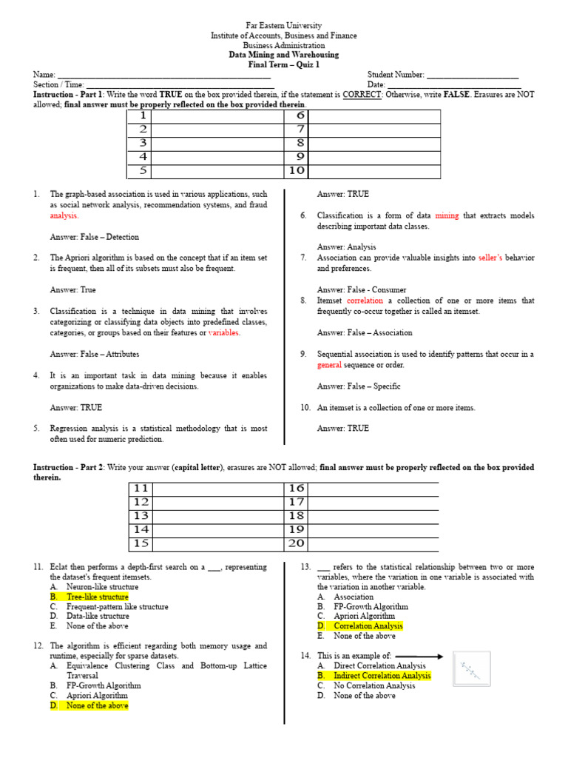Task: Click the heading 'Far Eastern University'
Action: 284,26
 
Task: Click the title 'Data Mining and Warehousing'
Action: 284,55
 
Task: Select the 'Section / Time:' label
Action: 58,85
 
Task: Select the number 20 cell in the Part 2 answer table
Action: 297,543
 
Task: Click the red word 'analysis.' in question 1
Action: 64,215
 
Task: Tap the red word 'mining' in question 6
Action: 447,215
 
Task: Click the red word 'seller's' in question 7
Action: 490,258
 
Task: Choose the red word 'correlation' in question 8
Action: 365,301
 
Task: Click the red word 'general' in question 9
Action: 330,365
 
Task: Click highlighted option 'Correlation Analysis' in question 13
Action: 368,626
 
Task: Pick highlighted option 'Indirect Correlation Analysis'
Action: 382,676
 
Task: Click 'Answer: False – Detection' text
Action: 94,237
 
